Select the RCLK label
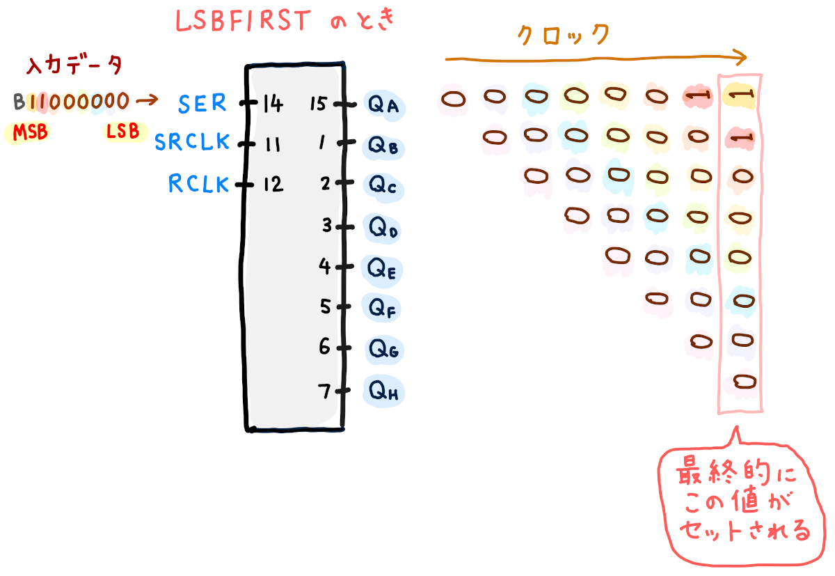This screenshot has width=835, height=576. point(198,184)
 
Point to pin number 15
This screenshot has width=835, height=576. point(319,104)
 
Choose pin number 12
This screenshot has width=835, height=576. point(273,185)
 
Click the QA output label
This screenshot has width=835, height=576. point(383,105)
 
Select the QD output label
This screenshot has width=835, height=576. point(383,228)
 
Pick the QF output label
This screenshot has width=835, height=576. point(383,307)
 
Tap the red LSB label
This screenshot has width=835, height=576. point(122,131)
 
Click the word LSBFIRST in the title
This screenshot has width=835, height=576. point(241,22)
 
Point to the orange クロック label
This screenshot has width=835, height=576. point(564,34)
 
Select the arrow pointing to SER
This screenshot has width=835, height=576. point(147,102)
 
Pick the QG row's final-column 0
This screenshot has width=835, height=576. point(742,341)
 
